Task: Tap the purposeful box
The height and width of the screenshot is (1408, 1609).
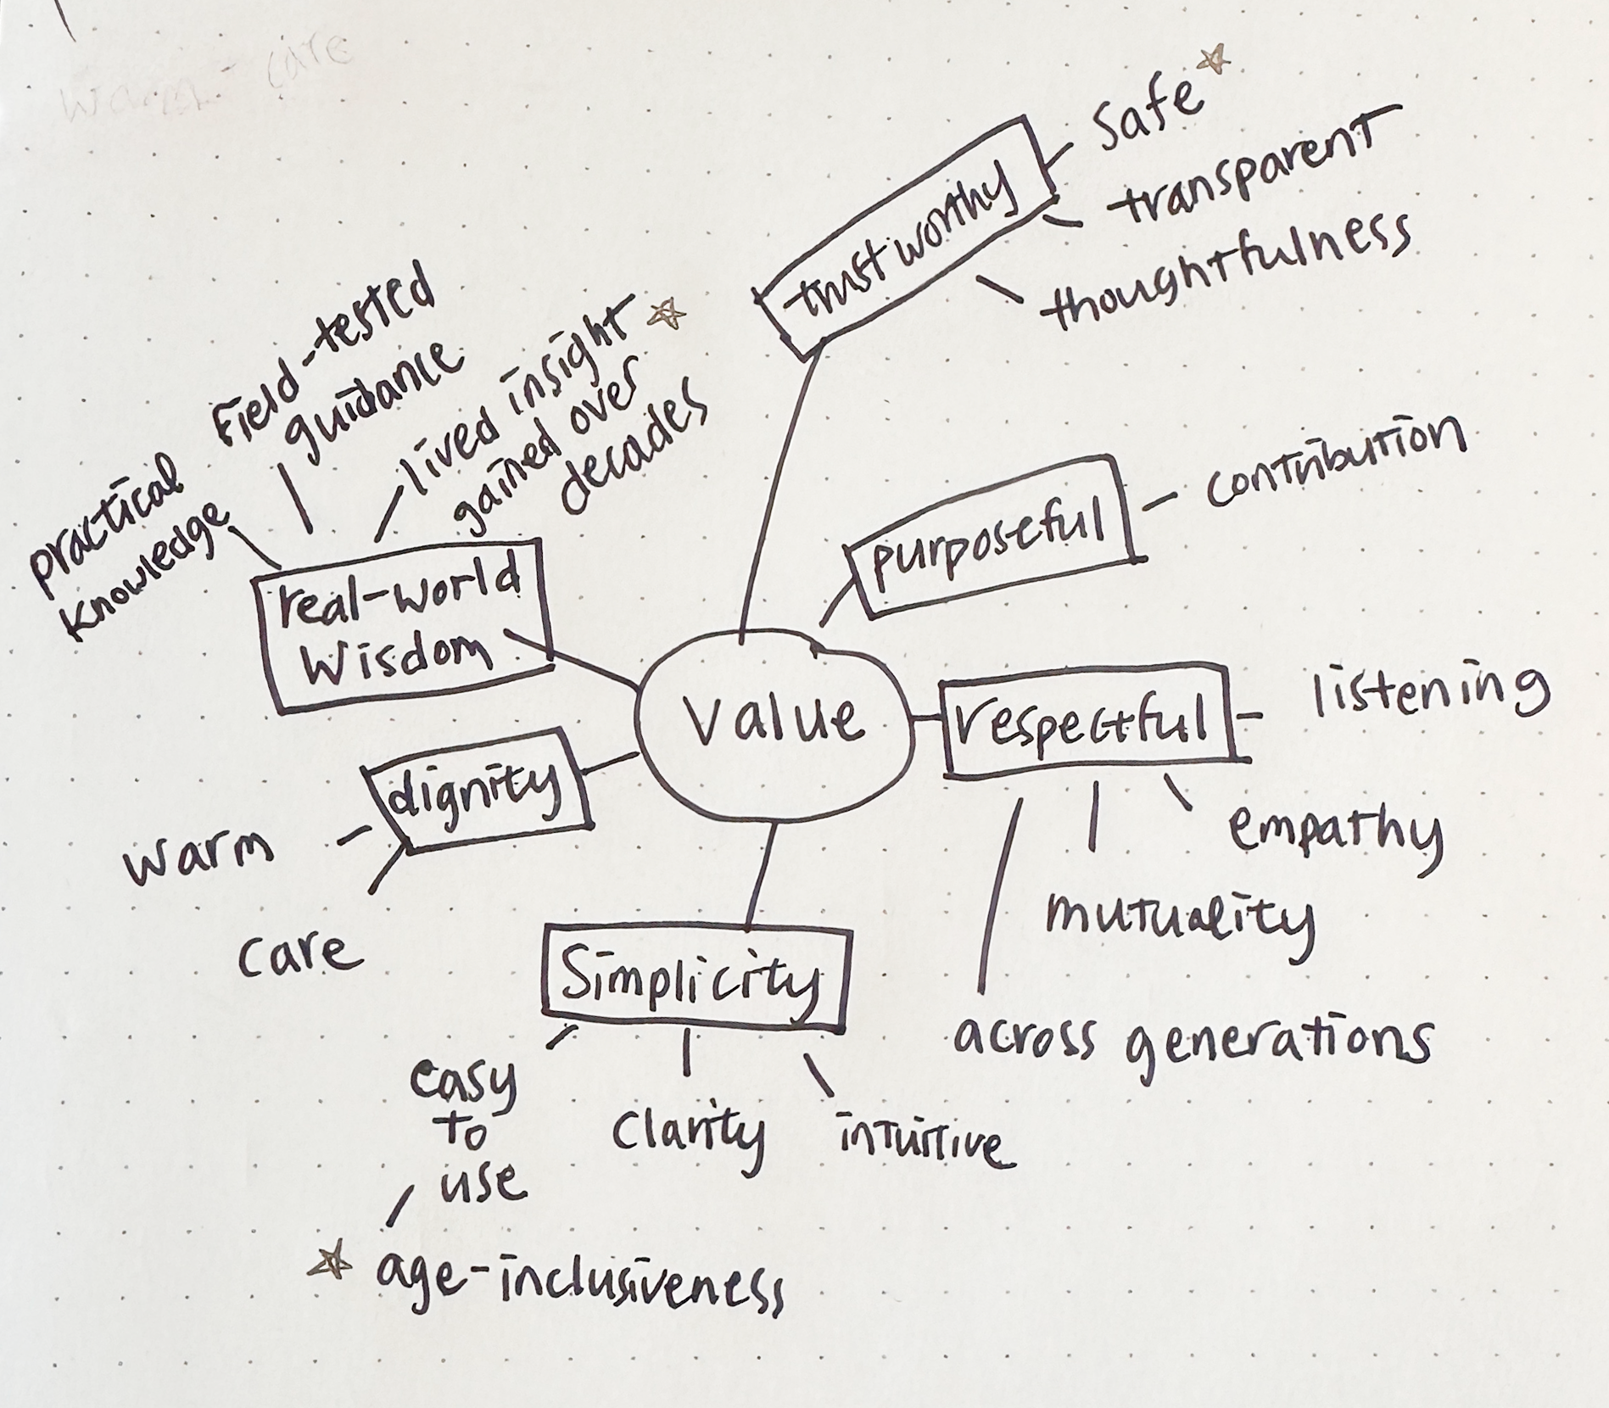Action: tap(992, 535)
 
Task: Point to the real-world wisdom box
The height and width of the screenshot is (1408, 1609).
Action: tap(403, 632)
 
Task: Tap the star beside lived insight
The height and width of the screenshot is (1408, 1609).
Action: tap(667, 316)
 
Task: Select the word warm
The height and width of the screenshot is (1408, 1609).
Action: tap(199, 861)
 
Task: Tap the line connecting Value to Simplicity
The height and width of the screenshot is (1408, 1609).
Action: tap(762, 874)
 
